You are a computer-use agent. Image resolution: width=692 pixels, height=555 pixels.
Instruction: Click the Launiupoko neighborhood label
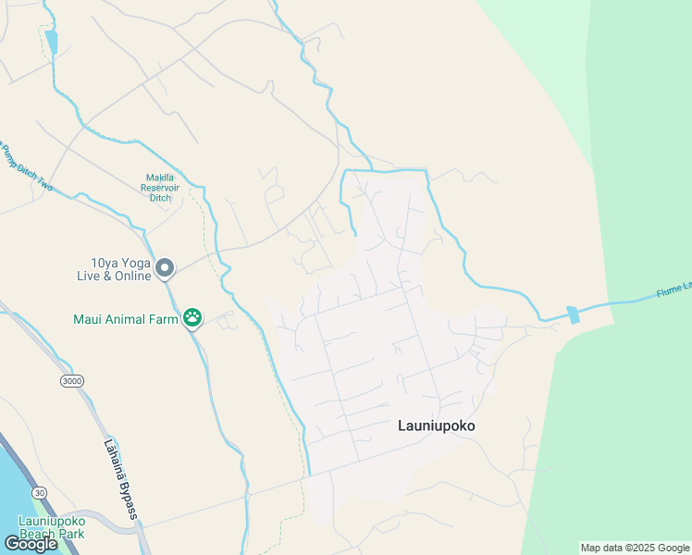[x=441, y=426]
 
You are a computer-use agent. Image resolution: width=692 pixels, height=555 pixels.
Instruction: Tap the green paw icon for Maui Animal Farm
[x=192, y=319]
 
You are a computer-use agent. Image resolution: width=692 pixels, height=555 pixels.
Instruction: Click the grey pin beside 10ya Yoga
[x=165, y=268]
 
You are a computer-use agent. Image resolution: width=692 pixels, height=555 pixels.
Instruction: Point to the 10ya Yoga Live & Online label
[x=114, y=269]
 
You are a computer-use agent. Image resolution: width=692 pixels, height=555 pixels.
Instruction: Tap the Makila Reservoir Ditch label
[x=167, y=187]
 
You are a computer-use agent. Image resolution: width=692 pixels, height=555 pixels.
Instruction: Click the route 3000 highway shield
[x=70, y=381]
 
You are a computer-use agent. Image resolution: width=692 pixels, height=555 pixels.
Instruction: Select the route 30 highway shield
[x=39, y=493]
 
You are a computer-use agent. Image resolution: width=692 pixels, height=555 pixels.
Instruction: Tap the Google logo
[x=31, y=543]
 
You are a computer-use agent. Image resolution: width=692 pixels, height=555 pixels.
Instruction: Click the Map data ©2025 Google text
[x=635, y=548]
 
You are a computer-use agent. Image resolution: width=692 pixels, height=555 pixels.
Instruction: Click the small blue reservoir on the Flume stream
[x=574, y=314]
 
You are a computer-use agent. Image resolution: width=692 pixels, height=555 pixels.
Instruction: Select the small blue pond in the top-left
[x=52, y=42]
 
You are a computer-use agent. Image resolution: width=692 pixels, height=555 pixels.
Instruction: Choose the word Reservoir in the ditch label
[x=166, y=187]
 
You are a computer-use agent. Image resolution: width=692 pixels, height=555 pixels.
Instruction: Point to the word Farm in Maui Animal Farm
[x=164, y=320]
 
